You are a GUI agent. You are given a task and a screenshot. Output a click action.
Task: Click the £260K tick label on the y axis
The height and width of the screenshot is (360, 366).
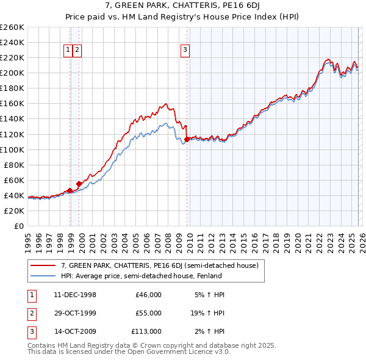coord(12,27)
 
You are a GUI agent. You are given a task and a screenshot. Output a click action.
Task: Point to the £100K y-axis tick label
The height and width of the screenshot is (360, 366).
coord(12,149)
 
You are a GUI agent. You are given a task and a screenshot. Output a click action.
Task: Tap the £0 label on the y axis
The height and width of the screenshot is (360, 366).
coord(18,226)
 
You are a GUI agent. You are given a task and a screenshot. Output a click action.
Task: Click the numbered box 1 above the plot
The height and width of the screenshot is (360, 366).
coord(68,51)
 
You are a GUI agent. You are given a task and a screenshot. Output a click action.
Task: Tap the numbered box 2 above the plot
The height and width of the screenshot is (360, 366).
coord(78,51)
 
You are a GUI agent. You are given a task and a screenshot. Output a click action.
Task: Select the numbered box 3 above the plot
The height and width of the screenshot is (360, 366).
coord(185,51)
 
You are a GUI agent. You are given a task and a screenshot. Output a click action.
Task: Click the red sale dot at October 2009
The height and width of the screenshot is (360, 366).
coord(187,139)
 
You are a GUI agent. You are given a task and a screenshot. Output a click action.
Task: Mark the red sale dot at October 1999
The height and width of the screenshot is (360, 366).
coord(79,183)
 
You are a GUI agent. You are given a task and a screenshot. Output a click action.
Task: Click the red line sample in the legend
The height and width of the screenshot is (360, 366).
coord(43,265)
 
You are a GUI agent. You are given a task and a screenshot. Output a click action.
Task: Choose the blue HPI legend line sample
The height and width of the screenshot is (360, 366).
coord(43,276)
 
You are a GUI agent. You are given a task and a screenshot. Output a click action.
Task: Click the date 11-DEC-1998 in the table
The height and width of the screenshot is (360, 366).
coord(75,295)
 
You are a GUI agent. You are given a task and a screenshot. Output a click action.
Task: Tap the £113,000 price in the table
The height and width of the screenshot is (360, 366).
coord(146,331)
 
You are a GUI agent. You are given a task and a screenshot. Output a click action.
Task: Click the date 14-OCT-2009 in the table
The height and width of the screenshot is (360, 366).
coord(75,331)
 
